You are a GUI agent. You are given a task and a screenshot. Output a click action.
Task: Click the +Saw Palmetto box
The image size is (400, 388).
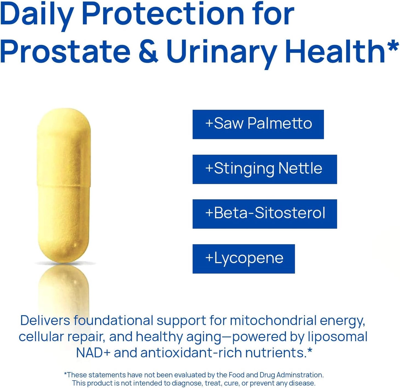(258, 124)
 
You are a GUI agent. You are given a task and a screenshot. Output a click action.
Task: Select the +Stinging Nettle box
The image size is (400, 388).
(265, 169)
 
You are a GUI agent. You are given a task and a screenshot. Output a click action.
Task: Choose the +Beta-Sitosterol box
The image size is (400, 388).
(265, 214)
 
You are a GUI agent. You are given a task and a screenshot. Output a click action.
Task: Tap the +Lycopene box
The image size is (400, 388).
(244, 259)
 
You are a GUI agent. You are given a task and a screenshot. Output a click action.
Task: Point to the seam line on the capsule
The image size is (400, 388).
(64, 185)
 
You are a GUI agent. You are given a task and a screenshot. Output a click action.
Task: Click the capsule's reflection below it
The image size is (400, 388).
(64, 288)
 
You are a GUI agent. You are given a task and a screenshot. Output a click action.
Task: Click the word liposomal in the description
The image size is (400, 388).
(337, 337)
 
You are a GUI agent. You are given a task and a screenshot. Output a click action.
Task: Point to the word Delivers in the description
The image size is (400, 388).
(45, 321)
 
